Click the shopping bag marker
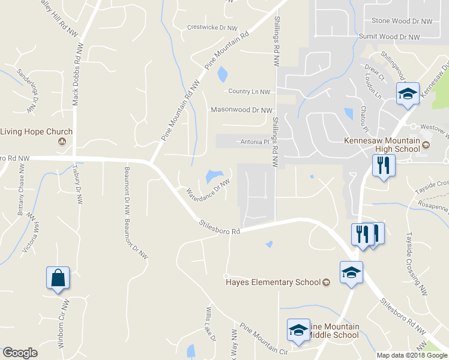coord(58,278)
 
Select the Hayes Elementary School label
coord(273,282)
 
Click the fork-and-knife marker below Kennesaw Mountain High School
coord(383,166)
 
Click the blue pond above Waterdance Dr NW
coord(211,176)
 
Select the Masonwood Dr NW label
coord(241,110)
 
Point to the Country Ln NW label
coord(249,92)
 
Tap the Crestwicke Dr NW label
coord(212,27)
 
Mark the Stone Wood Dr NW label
coord(402,21)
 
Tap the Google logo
coord(20,353)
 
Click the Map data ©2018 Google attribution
coord(412,355)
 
